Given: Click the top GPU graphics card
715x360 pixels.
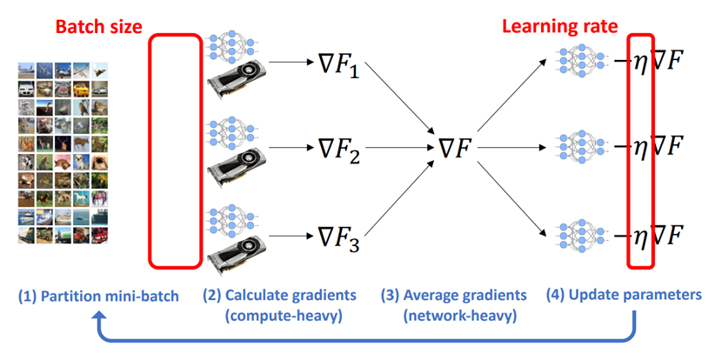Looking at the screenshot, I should click(237, 80).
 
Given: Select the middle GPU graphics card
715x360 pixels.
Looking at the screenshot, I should click(237, 166).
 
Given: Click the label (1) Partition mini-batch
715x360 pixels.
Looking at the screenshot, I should click(99, 297).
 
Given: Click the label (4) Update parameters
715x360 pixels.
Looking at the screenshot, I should click(623, 296).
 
